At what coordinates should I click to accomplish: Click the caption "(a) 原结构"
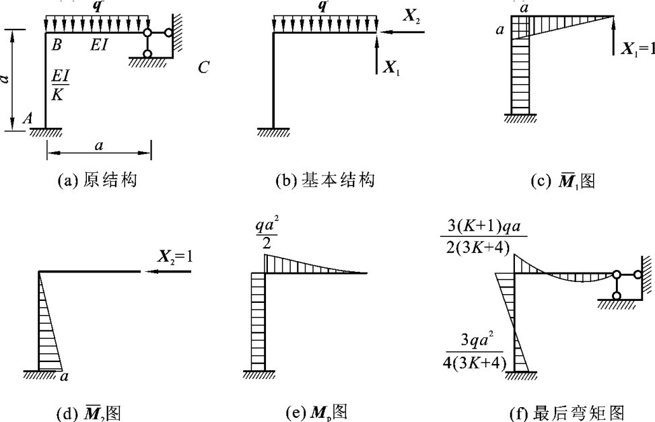point(98,180)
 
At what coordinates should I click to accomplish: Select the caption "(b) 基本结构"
point(325,180)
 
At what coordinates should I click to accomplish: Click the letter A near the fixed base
point(28,118)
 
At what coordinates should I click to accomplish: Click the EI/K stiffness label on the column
point(58,86)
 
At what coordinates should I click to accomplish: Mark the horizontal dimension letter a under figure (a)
point(99,145)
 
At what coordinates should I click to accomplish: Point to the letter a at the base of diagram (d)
point(65,378)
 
